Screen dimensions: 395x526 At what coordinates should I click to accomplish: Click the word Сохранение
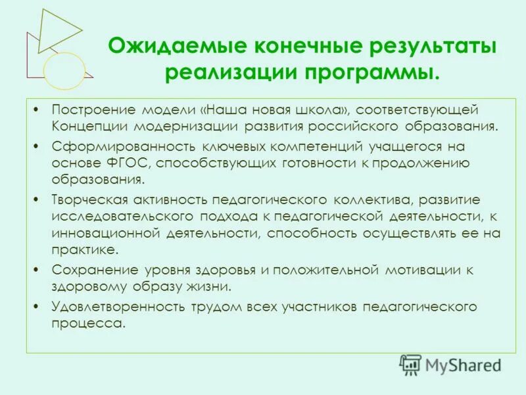click(x=87, y=269)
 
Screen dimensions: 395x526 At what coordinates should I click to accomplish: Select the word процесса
click(x=87, y=323)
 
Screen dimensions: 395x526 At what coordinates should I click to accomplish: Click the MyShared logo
click(x=451, y=364)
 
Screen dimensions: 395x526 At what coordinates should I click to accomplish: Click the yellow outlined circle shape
click(x=64, y=70)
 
